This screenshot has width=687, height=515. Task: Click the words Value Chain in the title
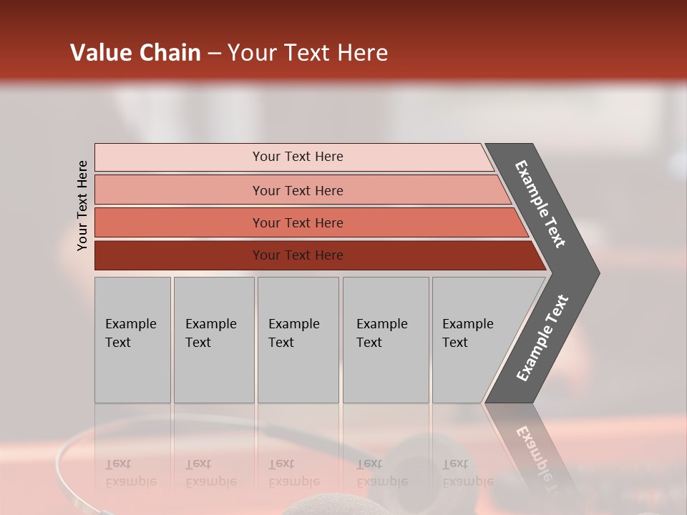[x=135, y=53]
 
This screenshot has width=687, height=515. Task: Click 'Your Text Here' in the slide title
[x=308, y=53]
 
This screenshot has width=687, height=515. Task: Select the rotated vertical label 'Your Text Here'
[x=82, y=205]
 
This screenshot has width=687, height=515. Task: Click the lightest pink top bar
[x=297, y=157]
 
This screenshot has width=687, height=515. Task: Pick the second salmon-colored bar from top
[x=297, y=190]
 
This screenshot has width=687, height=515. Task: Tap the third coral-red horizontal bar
[x=297, y=222]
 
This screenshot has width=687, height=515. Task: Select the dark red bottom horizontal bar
[x=297, y=255]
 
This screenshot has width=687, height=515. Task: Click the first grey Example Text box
[x=132, y=340]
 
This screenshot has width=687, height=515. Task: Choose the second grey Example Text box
[x=213, y=340]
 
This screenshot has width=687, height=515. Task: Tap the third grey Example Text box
[x=298, y=340]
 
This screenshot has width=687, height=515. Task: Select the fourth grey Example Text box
[x=385, y=340]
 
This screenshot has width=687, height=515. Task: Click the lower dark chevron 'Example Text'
[x=542, y=338]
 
